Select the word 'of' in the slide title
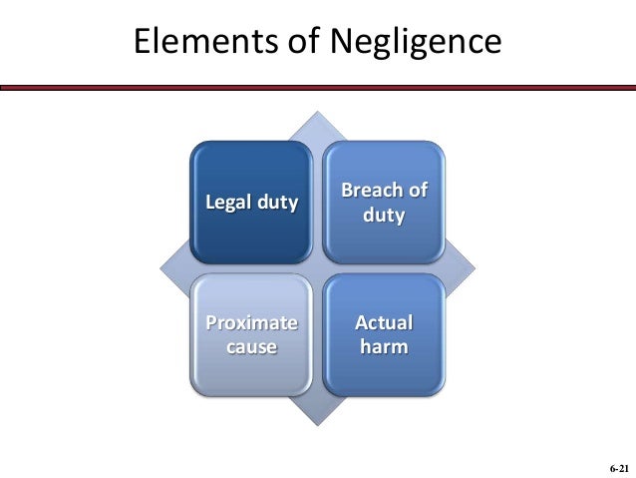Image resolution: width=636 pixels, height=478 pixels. tap(280, 42)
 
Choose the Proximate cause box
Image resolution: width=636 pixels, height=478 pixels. tap(251, 334)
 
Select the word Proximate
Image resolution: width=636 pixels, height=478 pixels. tap(251, 323)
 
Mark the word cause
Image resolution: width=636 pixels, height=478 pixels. tap(251, 346)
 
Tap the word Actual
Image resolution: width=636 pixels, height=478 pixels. tap(384, 323)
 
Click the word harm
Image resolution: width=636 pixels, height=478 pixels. tap(384, 346)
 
